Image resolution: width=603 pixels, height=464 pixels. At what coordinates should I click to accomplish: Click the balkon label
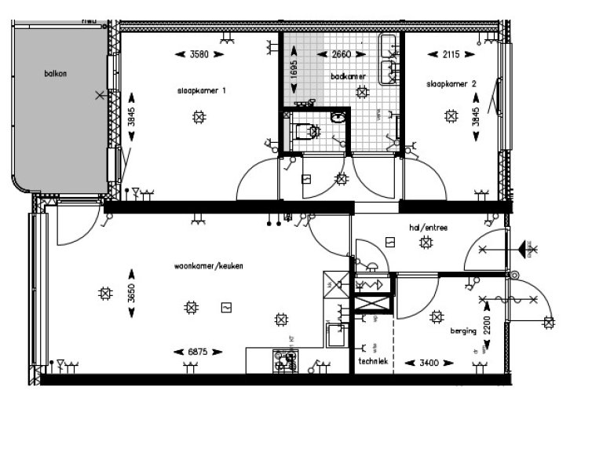click(56, 74)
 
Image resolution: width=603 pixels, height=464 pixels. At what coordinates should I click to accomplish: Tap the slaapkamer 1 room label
click(202, 91)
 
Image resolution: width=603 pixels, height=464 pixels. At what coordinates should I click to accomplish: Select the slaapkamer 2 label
click(448, 84)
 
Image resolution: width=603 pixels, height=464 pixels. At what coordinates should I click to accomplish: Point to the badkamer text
click(349, 76)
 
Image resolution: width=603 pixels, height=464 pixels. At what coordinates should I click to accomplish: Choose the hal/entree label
click(428, 228)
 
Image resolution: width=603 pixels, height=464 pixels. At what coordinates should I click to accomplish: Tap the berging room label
click(463, 331)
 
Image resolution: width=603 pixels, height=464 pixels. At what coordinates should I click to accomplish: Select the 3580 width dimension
click(201, 54)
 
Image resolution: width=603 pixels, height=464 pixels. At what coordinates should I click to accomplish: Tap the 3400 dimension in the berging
click(428, 364)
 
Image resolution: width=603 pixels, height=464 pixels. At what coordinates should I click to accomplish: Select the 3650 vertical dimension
click(132, 294)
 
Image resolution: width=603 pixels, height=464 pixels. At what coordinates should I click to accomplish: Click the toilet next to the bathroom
click(303, 130)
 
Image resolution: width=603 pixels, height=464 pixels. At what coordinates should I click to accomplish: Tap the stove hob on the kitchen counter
click(284, 360)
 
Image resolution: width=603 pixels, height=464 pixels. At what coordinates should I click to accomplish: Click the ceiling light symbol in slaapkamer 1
click(199, 118)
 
